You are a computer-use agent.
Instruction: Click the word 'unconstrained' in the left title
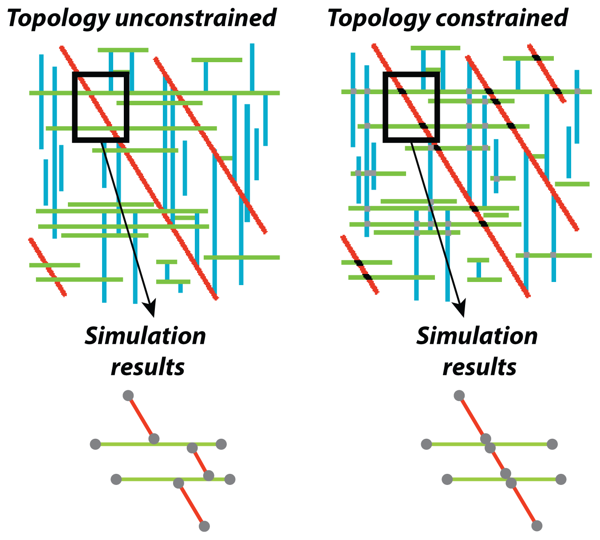(x=195, y=19)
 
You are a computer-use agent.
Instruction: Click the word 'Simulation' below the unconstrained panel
(x=146, y=336)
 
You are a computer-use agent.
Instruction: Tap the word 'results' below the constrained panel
(x=479, y=367)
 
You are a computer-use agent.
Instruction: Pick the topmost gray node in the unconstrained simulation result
(x=128, y=395)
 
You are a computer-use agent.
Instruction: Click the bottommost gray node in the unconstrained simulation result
(x=204, y=526)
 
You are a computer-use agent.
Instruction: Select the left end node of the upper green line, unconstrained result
(x=95, y=444)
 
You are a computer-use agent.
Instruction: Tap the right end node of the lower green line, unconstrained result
(x=229, y=480)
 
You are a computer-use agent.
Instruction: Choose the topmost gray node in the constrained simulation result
(x=459, y=395)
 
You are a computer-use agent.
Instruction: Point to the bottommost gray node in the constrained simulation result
(x=537, y=526)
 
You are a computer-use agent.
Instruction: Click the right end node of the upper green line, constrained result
(x=552, y=444)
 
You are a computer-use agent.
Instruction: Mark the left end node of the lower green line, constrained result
(x=447, y=480)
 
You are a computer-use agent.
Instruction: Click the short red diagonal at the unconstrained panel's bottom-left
(x=47, y=267)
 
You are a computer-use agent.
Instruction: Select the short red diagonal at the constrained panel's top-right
(x=547, y=73)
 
